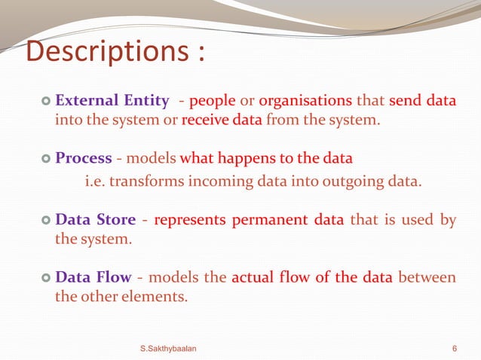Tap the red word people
pyautogui.click(x=213, y=101)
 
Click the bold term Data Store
pyautogui.click(x=96, y=220)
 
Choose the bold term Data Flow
pyautogui.click(x=93, y=277)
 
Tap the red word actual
pyautogui.click(x=253, y=277)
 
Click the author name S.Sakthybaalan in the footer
pyautogui.click(x=169, y=347)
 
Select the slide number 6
pyautogui.click(x=454, y=347)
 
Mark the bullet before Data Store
pyautogui.click(x=45, y=221)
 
